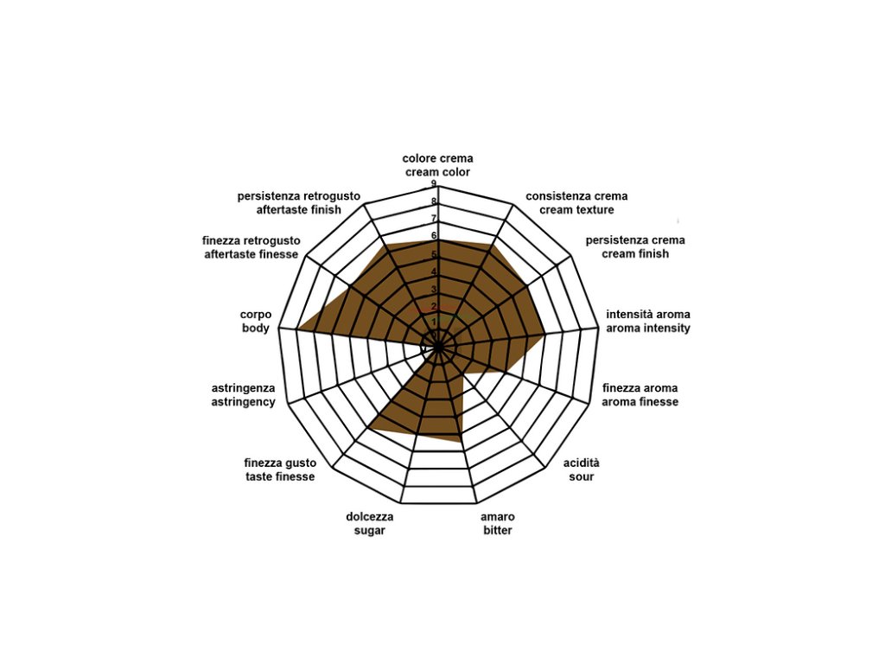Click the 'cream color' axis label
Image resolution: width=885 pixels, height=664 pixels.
pyautogui.click(x=437, y=172)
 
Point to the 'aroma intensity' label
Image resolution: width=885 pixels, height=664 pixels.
pyautogui.click(x=648, y=329)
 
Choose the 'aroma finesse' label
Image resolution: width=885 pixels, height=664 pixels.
pyautogui.click(x=640, y=402)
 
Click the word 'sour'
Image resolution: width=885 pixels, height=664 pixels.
pyautogui.click(x=582, y=477)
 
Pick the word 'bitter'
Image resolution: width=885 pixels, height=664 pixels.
pyautogui.click(x=497, y=530)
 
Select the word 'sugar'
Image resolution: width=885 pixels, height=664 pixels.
pyautogui.click(x=369, y=530)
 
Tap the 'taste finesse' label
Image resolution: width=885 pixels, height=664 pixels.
pyautogui.click(x=279, y=477)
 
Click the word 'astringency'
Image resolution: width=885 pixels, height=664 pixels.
pyautogui.click(x=244, y=402)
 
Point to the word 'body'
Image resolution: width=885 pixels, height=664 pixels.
pyautogui.click(x=255, y=329)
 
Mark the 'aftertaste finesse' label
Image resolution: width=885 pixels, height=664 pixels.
pyautogui.click(x=251, y=254)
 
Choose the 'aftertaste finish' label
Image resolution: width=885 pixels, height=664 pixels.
pyautogui.click(x=299, y=210)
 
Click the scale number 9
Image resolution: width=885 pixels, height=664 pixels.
pyautogui.click(x=434, y=184)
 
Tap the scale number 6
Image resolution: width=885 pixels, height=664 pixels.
pyautogui.click(x=434, y=235)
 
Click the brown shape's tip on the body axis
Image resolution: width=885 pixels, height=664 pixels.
pyautogui.click(x=298, y=329)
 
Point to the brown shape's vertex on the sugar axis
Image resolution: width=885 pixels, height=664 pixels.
pyautogui.click(x=370, y=427)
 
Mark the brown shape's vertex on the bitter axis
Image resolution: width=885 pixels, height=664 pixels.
pyautogui.click(x=461, y=442)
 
